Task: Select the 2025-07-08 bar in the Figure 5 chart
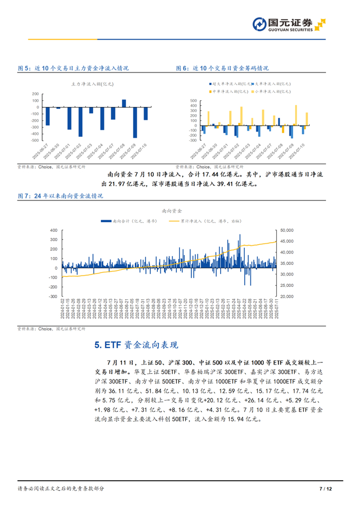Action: [124, 103]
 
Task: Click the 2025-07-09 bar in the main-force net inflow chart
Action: [135, 122]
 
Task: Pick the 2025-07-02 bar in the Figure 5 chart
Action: [80, 122]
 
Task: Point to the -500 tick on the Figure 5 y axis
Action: [35, 140]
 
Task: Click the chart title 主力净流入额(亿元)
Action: [92, 83]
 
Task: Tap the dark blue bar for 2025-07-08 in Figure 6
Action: [279, 121]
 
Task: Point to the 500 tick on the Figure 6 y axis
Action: [193, 100]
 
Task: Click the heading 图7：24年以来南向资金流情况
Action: [60, 196]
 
